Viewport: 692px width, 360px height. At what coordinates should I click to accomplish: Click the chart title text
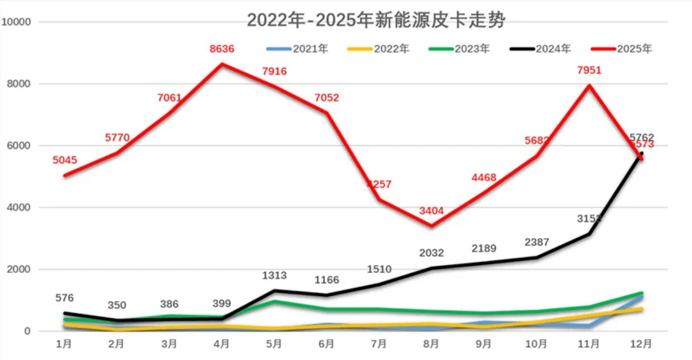point(376,20)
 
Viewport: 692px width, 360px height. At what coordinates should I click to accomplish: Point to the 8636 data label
point(222,49)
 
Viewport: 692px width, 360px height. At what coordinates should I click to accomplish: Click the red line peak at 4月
point(222,64)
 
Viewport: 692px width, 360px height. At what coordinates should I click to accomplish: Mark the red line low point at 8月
point(431,226)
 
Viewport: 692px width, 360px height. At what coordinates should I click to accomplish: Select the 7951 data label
point(588,70)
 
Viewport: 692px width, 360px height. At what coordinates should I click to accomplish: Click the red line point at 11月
point(589,85)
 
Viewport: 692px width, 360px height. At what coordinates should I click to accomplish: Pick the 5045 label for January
point(65,161)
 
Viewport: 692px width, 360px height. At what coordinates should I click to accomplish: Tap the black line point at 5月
point(274,290)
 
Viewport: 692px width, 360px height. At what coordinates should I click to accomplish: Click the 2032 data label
point(431,253)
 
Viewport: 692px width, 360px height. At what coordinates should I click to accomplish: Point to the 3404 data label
point(431,210)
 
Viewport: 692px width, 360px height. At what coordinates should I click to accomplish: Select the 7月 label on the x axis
point(379,344)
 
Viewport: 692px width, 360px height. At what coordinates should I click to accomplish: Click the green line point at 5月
point(274,301)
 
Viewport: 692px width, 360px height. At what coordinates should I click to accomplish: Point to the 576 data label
point(65,298)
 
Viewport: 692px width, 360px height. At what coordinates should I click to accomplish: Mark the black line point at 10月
point(536,258)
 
